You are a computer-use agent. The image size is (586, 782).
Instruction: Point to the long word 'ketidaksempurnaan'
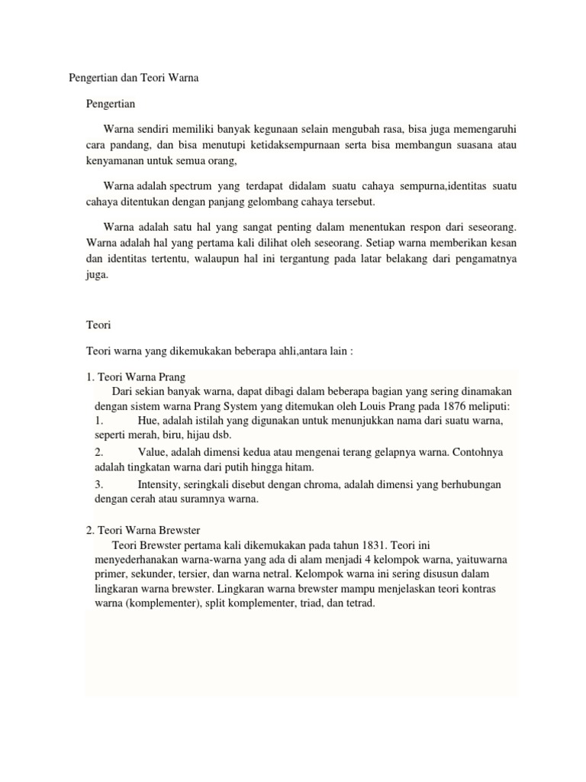288,145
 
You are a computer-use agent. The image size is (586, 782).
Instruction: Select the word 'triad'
306,603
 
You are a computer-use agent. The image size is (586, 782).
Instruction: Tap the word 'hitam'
299,467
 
